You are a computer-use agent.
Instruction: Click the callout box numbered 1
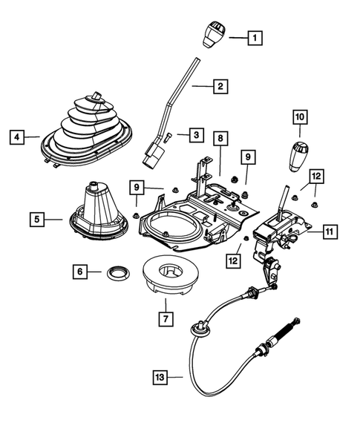tap(255, 36)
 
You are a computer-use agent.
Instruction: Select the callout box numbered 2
tap(220, 86)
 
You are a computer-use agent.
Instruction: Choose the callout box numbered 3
tap(195, 135)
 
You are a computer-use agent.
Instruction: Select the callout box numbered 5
tap(37, 219)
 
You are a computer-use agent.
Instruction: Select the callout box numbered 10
tap(299, 117)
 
